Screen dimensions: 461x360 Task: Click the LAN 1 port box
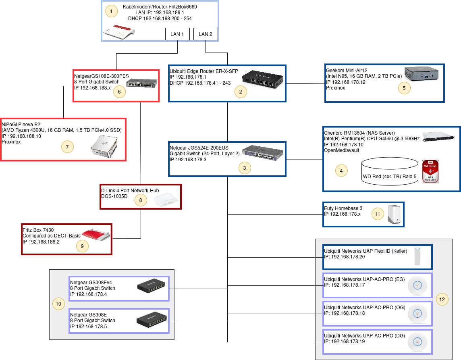click(177, 34)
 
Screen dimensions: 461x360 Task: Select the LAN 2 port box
click(206, 34)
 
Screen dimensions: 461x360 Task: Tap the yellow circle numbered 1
click(111, 11)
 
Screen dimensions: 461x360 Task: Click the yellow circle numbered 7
click(67, 147)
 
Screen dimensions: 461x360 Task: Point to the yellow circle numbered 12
click(442, 300)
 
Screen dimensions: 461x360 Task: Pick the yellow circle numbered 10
click(58, 304)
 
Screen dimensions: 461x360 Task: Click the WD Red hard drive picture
click(430, 171)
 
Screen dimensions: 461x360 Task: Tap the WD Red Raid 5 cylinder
click(390, 171)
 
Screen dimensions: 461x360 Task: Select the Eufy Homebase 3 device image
click(394, 214)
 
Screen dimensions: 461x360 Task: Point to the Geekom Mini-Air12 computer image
click(422, 73)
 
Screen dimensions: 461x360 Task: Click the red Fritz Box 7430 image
click(96, 234)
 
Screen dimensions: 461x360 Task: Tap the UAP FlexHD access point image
click(417, 256)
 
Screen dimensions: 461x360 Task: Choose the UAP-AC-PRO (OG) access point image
click(417, 314)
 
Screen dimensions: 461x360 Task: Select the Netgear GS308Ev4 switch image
click(151, 285)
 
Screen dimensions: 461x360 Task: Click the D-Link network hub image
click(166, 200)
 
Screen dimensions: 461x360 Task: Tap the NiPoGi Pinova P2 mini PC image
click(104, 146)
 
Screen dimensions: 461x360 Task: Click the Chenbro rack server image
click(438, 137)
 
